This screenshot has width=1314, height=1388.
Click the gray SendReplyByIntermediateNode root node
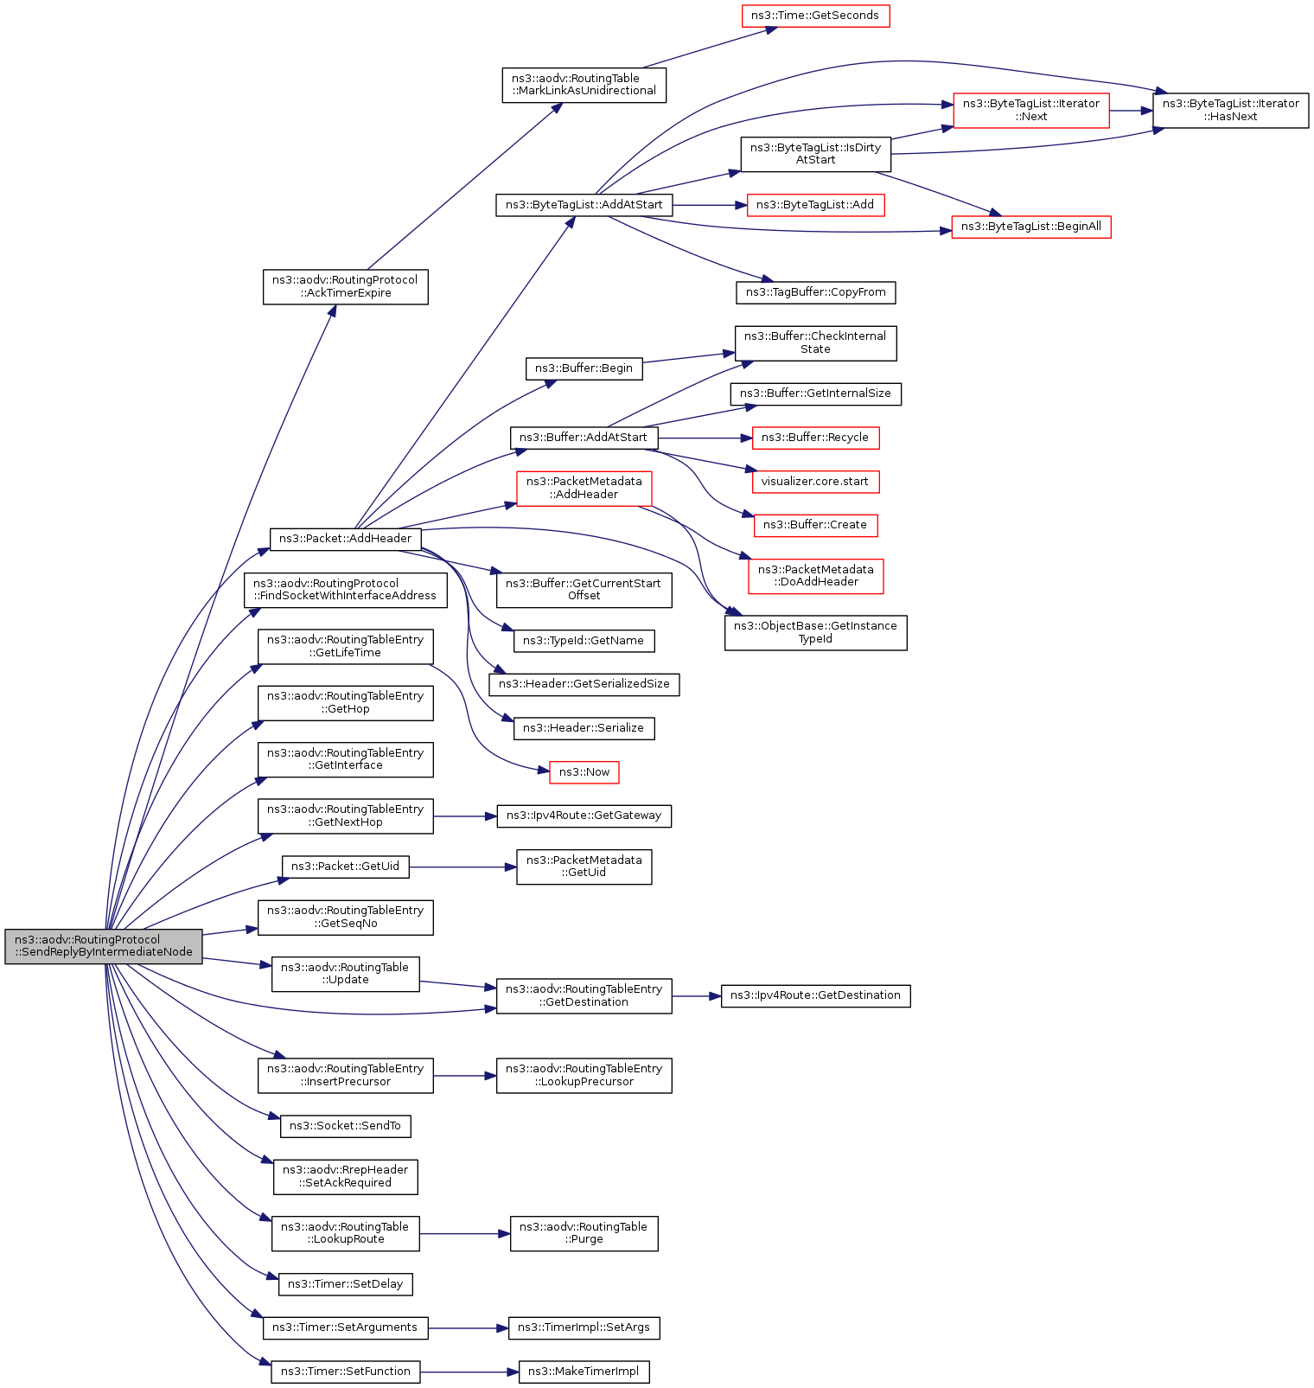tap(104, 946)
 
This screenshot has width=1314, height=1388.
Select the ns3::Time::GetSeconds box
tap(815, 16)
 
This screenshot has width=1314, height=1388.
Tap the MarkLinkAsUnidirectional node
tap(584, 85)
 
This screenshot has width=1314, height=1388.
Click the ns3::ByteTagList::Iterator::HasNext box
tap(1230, 110)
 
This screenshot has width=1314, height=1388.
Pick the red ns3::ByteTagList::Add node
tap(815, 205)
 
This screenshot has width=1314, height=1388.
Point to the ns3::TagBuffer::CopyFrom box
tap(815, 292)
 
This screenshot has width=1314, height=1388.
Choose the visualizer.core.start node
tap(815, 482)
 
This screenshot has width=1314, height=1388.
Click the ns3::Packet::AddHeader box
tap(346, 539)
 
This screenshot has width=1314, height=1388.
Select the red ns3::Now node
tap(584, 772)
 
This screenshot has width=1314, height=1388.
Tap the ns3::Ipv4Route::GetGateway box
tap(584, 816)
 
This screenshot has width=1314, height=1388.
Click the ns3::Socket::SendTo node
tap(345, 1126)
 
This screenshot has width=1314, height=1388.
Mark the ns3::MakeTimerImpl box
tap(584, 1372)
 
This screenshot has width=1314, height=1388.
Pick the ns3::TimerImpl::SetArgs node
tap(584, 1327)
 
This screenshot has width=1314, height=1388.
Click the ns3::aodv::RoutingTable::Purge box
tap(584, 1233)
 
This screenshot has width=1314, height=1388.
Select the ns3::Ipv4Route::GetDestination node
tap(815, 995)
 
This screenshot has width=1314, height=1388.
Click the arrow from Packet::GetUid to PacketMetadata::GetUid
tap(462, 867)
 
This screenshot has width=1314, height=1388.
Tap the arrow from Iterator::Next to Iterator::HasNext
tap(1131, 111)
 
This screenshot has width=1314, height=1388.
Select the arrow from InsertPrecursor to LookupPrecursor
tap(465, 1076)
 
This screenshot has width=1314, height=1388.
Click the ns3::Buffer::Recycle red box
tap(815, 438)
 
